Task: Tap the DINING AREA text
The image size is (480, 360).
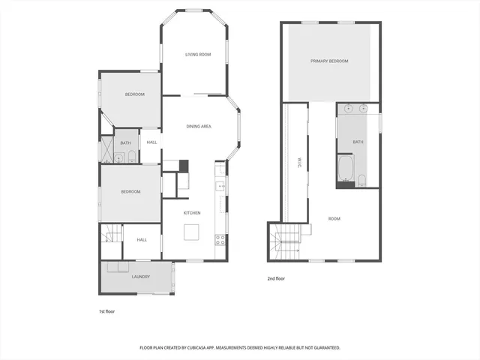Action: coord(199,126)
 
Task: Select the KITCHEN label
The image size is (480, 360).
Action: coord(192,213)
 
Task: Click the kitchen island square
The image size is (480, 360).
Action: coord(192,231)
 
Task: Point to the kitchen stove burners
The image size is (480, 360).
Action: coord(220,240)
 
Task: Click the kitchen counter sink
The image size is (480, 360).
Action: coord(220,186)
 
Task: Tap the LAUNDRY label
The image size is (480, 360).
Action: coord(140,277)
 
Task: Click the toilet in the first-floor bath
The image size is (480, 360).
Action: coord(132,157)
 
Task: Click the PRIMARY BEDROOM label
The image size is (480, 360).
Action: coord(330,61)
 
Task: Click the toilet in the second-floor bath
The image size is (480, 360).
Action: coord(362,178)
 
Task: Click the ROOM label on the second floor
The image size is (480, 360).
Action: coord(334,218)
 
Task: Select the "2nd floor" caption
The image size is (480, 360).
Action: coord(276,279)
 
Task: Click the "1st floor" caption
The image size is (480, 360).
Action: coord(107,310)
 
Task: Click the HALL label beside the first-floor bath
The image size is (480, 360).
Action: coord(151,142)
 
